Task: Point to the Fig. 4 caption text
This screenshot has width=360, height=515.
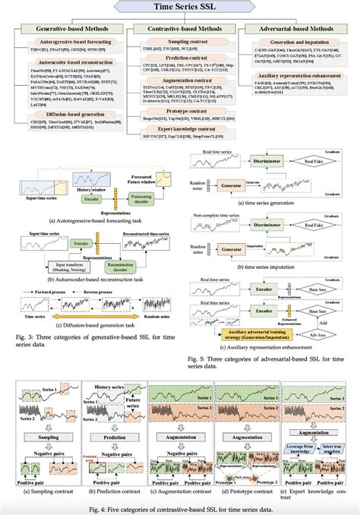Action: (180, 508)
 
